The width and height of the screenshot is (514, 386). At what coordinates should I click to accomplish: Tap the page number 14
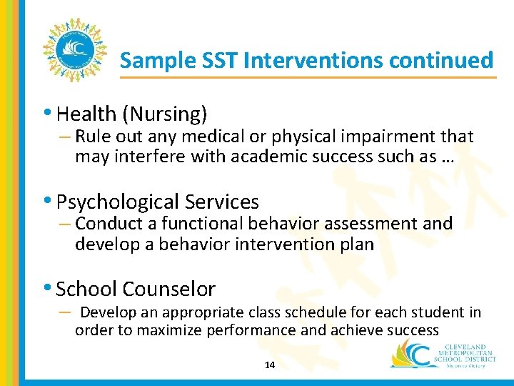point(270,365)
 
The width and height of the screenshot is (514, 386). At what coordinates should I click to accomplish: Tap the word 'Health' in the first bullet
point(86,114)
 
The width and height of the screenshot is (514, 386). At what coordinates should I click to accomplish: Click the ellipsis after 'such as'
point(448,157)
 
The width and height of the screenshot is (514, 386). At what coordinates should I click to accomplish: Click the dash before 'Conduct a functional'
point(66,224)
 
